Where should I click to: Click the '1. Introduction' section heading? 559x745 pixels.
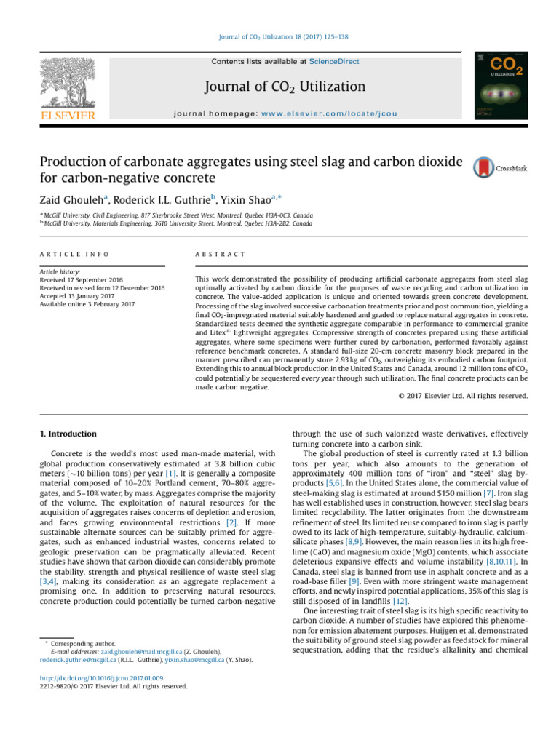[68, 434]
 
